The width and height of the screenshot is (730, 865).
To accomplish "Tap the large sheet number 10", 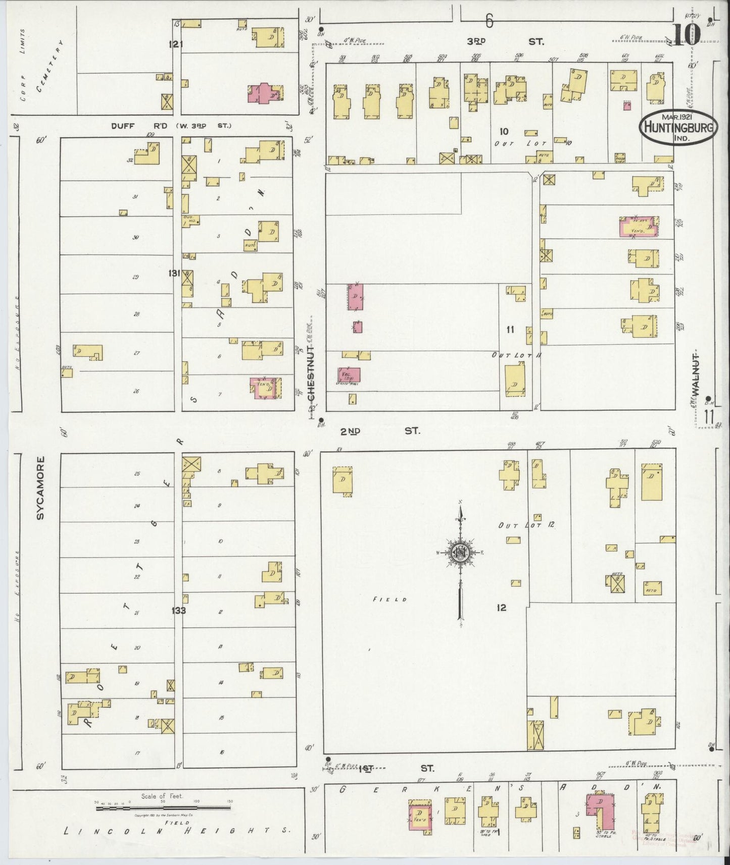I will [686, 34].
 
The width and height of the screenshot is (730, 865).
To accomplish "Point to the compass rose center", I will [460, 553].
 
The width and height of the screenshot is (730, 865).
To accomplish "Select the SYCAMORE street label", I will [41, 488].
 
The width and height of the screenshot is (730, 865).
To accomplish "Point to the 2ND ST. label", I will [379, 431].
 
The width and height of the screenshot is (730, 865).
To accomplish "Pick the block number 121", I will [176, 45].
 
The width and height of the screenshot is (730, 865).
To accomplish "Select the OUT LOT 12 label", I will [526, 525].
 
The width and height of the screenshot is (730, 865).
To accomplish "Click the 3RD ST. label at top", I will [505, 42].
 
